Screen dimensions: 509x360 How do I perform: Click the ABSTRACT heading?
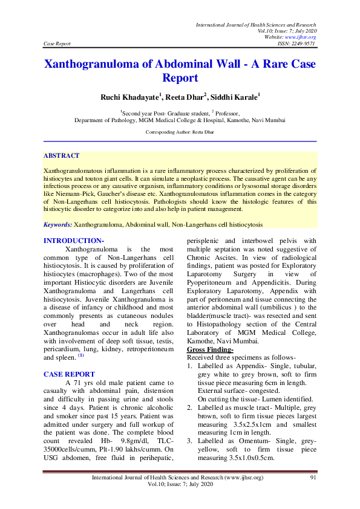tap(62, 155)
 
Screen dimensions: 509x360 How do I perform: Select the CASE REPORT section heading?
tap(69, 374)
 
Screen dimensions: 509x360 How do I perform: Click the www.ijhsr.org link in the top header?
tap(305, 37)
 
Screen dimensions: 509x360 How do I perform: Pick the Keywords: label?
tap(58, 225)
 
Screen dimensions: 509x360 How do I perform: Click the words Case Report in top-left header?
tap(57, 44)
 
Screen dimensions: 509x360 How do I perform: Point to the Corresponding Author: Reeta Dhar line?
tap(180, 131)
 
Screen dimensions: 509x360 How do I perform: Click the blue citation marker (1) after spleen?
tap(80, 355)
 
